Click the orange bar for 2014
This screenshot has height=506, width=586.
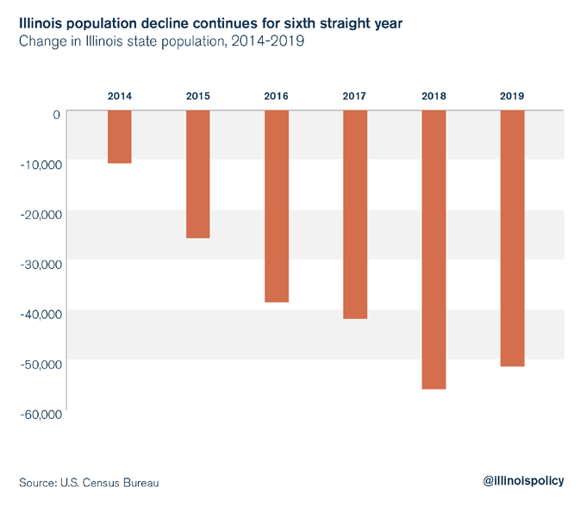(120, 137)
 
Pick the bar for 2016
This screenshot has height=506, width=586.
(277, 206)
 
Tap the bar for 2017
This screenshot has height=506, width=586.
(355, 215)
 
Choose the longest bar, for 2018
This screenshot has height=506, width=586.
(433, 250)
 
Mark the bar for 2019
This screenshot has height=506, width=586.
(512, 239)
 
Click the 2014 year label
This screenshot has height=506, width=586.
(120, 95)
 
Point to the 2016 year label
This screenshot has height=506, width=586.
(277, 95)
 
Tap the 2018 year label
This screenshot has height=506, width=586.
(433, 95)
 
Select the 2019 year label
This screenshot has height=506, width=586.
(512, 95)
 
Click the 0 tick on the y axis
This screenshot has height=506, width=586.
(56, 114)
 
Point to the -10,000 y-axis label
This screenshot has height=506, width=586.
(40, 164)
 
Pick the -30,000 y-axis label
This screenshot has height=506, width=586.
(40, 264)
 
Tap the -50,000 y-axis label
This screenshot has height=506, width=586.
(40, 364)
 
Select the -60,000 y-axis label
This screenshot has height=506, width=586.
(40, 414)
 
